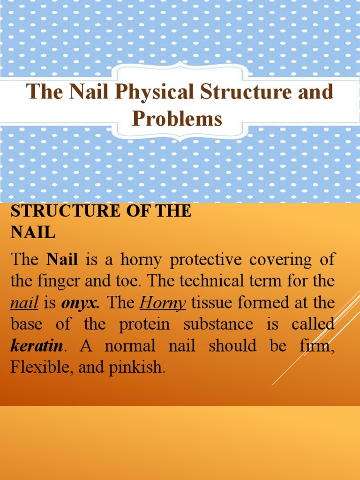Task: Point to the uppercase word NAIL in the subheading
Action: pos(33,233)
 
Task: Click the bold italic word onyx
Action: pos(80,303)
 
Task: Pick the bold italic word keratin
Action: pos(37,346)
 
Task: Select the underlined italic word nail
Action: pos(24,303)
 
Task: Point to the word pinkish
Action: pos(136,368)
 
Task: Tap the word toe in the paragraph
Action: pos(130,281)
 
